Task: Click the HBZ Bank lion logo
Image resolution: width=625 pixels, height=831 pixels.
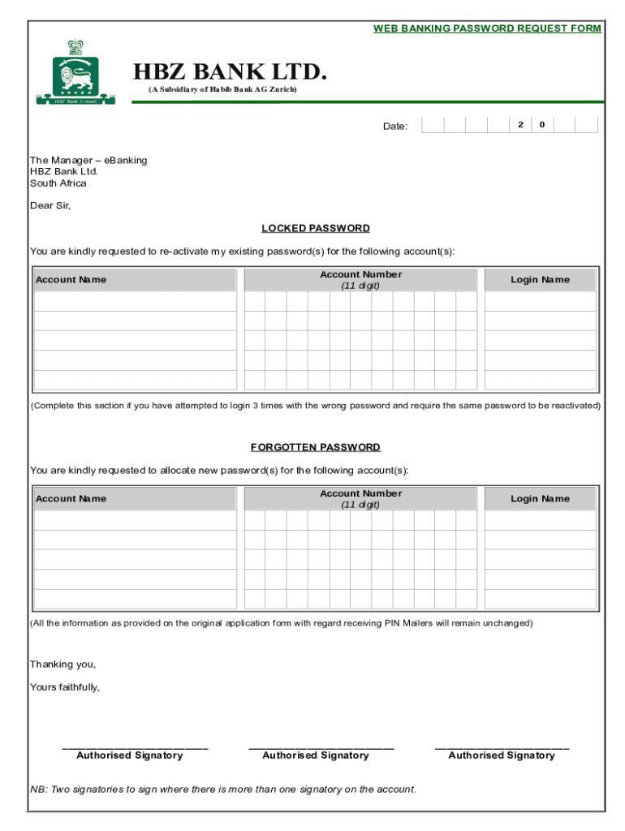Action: [x=75, y=72]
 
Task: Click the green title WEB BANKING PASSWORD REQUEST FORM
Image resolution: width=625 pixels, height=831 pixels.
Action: [x=487, y=28]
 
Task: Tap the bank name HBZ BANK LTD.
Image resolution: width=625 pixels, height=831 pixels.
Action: [x=230, y=73]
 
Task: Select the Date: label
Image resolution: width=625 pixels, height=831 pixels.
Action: [x=395, y=126]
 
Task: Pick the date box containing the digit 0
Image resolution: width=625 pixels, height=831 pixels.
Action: [x=542, y=124]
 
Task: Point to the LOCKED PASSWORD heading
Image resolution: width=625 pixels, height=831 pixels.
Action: [x=316, y=229]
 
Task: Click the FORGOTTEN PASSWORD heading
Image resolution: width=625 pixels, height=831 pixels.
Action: [x=316, y=447]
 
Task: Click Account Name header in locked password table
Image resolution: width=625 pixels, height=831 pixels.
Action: [x=71, y=280]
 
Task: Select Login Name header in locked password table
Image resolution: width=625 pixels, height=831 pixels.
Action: [x=540, y=280]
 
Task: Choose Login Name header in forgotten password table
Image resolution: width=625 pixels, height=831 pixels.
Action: [x=540, y=498]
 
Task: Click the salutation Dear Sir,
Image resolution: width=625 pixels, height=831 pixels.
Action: [x=50, y=206]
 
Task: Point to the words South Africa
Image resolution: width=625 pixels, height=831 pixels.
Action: [x=58, y=183]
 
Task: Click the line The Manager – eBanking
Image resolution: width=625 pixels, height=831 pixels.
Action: [x=88, y=161]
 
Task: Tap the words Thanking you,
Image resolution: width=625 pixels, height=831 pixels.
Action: [x=62, y=665]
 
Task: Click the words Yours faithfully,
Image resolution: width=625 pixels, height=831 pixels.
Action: [x=65, y=687]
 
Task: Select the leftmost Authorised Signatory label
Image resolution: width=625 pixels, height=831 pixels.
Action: [x=130, y=756]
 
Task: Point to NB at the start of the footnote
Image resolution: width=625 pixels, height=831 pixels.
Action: [x=38, y=789]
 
